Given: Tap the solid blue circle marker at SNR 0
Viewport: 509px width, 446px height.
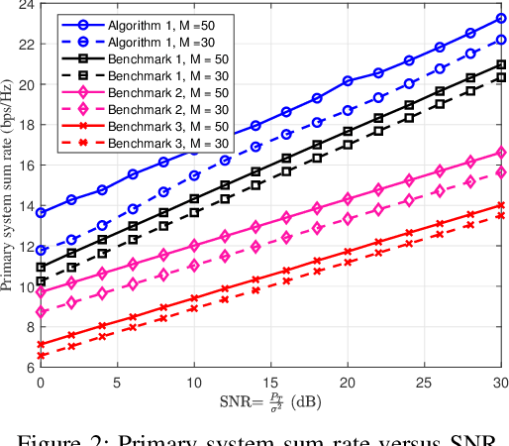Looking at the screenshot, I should click(x=41, y=212).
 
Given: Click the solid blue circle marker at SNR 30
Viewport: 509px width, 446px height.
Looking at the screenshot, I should click(x=501, y=18).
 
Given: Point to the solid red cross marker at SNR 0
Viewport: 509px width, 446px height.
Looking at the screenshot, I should click(x=41, y=344).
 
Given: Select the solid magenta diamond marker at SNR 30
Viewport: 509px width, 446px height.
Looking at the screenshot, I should click(x=501, y=153).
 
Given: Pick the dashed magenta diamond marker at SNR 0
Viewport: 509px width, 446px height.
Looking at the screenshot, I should click(x=41, y=311).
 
